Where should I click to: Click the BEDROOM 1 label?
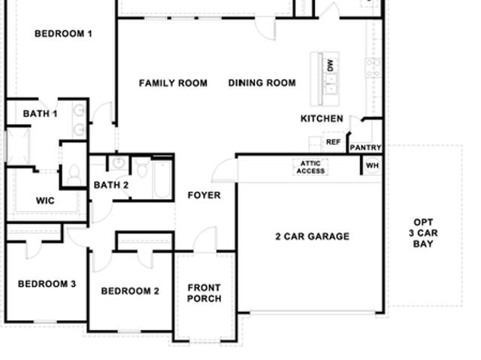coord(63,34)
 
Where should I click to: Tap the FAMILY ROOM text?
coord(173,83)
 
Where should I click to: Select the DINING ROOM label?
coord(262,83)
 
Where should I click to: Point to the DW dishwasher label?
coord(330,65)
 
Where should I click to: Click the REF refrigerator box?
coord(333,142)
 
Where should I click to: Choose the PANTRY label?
coord(365,148)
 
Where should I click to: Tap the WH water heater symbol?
coord(373,166)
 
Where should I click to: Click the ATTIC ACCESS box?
coord(310,167)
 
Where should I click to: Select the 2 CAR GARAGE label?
coord(313,237)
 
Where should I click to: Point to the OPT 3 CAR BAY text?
coord(423,233)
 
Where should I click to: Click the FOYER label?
coord(204,195)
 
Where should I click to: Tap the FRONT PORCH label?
coord(204,293)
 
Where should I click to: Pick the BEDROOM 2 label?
coord(130,291)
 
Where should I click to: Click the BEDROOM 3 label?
coord(47,284)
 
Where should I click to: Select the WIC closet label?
coord(45,201)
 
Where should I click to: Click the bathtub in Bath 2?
coord(162,180)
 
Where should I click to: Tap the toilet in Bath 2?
coord(142,168)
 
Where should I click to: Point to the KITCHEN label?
coord(322,119)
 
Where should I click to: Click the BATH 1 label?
coord(40,113)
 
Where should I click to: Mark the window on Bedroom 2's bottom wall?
coord(129,331)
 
